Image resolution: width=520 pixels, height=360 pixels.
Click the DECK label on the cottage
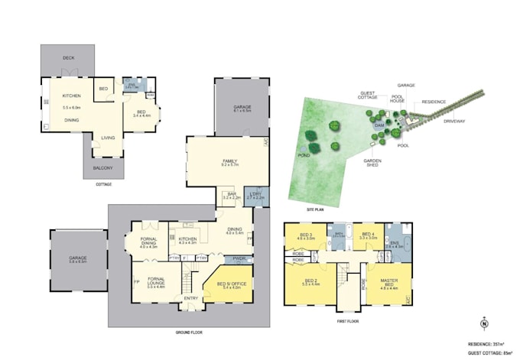click(68, 59)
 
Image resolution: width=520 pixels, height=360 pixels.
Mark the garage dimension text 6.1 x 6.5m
click(242, 111)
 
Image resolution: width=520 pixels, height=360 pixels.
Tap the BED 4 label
click(369, 234)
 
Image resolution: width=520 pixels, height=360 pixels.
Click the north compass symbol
click(483, 323)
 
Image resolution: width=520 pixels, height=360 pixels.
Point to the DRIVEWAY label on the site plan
click(453, 121)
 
